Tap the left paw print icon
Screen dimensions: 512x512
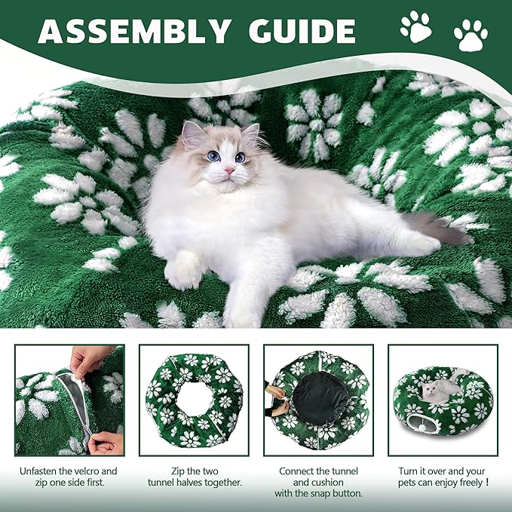click(x=415, y=26)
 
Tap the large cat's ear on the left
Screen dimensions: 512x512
click(x=193, y=134)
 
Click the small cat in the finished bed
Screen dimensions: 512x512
click(x=441, y=388)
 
